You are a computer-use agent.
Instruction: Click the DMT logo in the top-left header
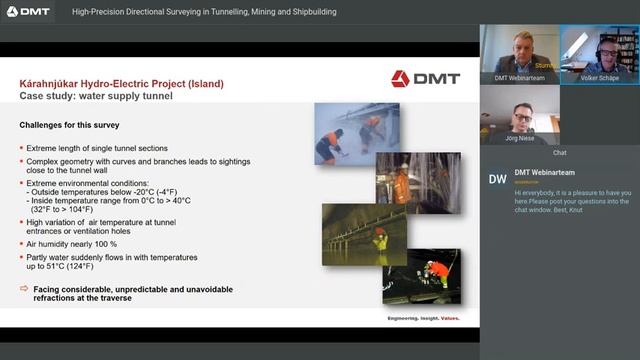click(x=27, y=12)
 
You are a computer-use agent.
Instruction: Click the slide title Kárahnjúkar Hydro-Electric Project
click(x=121, y=83)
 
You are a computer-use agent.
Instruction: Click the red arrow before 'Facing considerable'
click(x=25, y=288)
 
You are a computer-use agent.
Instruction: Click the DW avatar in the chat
click(x=497, y=179)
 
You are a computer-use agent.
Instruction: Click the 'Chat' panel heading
click(x=559, y=153)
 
